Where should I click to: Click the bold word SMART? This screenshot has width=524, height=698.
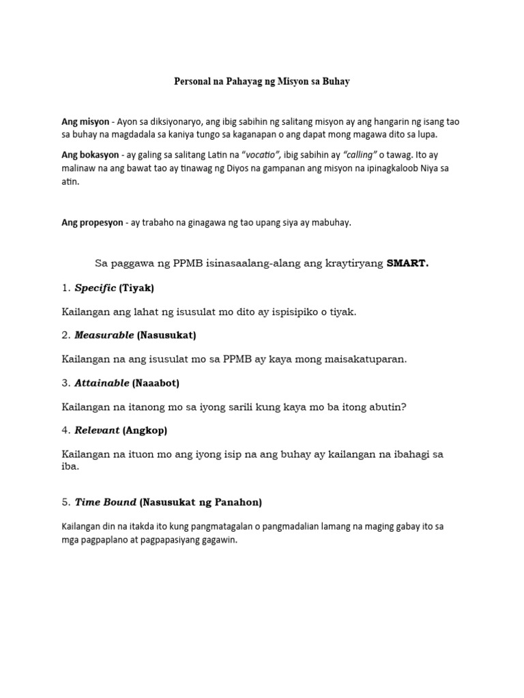pos(407,264)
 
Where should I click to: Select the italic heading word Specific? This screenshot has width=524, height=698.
pos(95,288)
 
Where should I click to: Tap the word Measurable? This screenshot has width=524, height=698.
pos(104,335)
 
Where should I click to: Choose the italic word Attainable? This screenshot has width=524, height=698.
pos(102,383)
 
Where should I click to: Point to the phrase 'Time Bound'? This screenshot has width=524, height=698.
pos(105,502)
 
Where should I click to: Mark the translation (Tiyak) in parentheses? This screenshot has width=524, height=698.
pos(136,288)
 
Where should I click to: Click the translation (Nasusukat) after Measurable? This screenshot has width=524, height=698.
pos(166,335)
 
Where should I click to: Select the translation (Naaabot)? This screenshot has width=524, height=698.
pos(156,383)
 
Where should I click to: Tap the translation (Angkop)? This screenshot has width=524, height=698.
pos(145,431)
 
